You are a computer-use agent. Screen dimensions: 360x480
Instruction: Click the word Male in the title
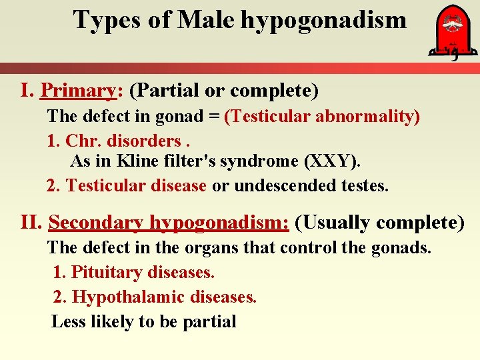coord(205,20)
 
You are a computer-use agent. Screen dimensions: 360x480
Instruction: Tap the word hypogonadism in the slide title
coord(323,20)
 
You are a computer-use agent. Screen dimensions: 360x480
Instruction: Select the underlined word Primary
coord(78,89)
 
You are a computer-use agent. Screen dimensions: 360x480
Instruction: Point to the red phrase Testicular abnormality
coord(322,117)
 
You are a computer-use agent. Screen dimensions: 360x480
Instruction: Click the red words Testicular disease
coord(136,186)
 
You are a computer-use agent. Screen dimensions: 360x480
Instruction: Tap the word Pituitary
coord(106,273)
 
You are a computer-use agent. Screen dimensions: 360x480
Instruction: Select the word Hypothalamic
coord(128,297)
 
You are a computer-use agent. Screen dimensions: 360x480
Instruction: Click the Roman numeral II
coord(31,222)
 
